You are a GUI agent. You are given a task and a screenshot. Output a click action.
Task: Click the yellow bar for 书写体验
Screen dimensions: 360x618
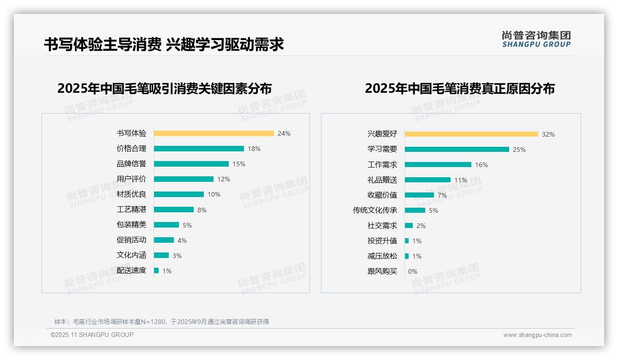coord(214,133)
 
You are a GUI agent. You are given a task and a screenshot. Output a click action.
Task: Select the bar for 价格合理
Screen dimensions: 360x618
coord(199,149)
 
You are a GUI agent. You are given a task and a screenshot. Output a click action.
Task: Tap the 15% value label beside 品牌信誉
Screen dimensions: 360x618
coord(239,164)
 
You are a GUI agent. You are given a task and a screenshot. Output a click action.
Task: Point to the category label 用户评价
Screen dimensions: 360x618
coord(131,179)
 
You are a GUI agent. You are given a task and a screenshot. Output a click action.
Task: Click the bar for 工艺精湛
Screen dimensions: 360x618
coord(174,210)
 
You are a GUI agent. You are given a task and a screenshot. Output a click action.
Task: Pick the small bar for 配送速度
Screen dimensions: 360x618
coord(156,270)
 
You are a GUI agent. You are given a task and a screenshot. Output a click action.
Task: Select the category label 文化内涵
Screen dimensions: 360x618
coord(131,255)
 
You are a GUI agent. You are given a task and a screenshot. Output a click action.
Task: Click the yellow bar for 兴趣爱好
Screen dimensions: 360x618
coord(471,134)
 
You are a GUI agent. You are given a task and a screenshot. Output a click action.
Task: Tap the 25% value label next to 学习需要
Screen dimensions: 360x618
coord(519,150)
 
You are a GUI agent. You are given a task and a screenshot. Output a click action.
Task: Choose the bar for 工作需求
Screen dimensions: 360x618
coord(438,165)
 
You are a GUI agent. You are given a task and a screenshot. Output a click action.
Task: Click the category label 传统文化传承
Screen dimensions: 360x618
coord(375,210)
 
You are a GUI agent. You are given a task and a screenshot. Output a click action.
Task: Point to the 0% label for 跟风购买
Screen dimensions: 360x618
coord(413,271)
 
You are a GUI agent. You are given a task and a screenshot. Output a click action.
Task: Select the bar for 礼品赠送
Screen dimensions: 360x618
coord(428,180)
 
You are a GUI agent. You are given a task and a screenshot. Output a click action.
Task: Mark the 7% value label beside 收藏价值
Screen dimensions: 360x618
coord(442,195)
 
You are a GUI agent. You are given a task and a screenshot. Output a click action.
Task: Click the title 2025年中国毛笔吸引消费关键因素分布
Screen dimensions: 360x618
coord(165,88)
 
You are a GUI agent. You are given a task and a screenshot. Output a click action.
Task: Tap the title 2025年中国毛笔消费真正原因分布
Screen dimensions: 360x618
coord(459,88)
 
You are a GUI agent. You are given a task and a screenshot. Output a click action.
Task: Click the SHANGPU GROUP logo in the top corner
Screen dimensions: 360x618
coord(536,39)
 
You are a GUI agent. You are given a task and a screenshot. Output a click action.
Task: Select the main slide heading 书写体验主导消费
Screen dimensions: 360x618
coord(102,44)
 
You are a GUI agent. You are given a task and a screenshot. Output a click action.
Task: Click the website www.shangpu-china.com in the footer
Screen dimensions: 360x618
coord(537,335)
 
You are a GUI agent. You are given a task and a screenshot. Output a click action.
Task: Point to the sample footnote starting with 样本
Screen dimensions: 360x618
coord(161,322)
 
